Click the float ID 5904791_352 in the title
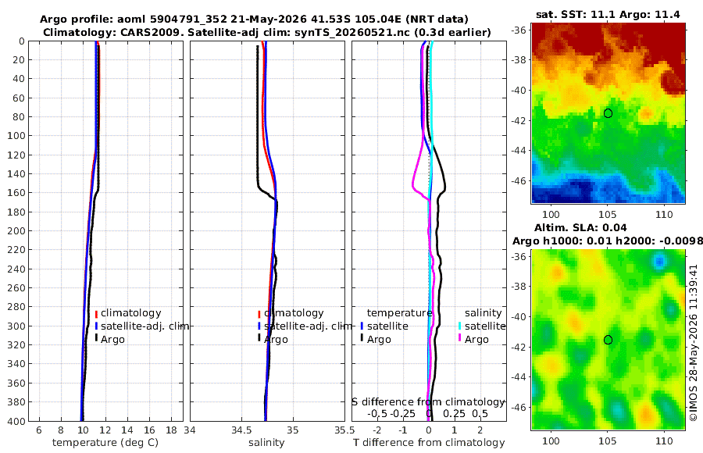pyautogui.click(x=189, y=20)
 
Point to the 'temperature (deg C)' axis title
pyautogui.click(x=105, y=443)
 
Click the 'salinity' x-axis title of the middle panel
pyautogui.click(x=266, y=443)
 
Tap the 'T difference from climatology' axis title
pyautogui.click(x=429, y=443)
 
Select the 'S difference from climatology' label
pyautogui.click(x=429, y=402)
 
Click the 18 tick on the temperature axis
pyautogui.click(x=171, y=430)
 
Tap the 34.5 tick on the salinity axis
pyautogui.click(x=241, y=430)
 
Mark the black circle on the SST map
pyautogui.click(x=608, y=113)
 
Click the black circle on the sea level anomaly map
pyautogui.click(x=608, y=340)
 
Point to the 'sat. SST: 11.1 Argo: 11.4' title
pyautogui.click(x=608, y=15)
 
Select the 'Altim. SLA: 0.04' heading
pyautogui.click(x=580, y=228)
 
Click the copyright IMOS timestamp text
pyautogui.click(x=694, y=343)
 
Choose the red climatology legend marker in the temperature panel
pyautogui.click(x=96, y=314)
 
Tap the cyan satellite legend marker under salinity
pyautogui.click(x=459, y=326)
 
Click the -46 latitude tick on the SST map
pyautogui.click(x=519, y=180)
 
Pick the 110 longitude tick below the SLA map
pyautogui.click(x=664, y=441)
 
